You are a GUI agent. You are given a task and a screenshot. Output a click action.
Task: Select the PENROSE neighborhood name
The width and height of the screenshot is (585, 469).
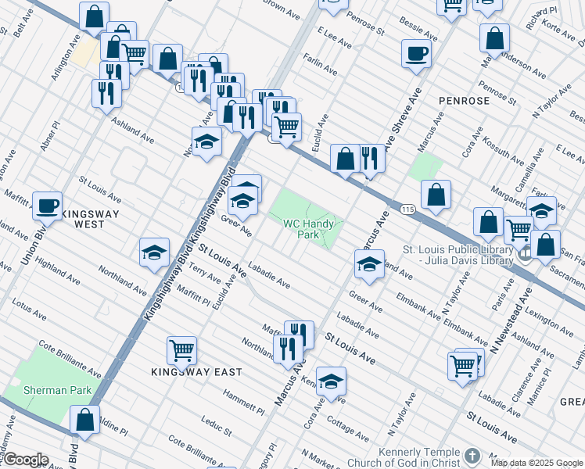(x=464, y=101)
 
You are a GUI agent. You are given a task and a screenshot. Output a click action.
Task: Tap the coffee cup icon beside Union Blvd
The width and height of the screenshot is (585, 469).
(x=47, y=206)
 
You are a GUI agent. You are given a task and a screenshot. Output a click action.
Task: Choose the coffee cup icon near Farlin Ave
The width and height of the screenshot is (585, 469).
(x=415, y=54)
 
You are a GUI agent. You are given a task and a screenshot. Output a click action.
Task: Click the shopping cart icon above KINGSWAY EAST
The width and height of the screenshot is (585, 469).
(x=181, y=350)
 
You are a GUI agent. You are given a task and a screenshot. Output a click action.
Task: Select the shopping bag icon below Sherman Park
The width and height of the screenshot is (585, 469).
(x=84, y=420)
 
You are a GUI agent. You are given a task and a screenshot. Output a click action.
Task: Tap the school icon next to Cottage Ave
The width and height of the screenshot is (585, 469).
(x=331, y=381)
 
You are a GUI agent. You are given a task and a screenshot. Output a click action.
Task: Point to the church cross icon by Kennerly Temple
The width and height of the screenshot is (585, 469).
(x=472, y=455)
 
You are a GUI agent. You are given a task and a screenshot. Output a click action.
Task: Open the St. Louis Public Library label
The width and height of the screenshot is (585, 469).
(x=458, y=256)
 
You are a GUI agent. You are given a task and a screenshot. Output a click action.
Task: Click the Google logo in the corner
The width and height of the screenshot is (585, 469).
(x=25, y=460)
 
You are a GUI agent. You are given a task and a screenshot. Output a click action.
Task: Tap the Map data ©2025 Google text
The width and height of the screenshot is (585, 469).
(x=537, y=462)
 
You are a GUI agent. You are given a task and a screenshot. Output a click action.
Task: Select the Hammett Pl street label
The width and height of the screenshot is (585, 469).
(x=243, y=403)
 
